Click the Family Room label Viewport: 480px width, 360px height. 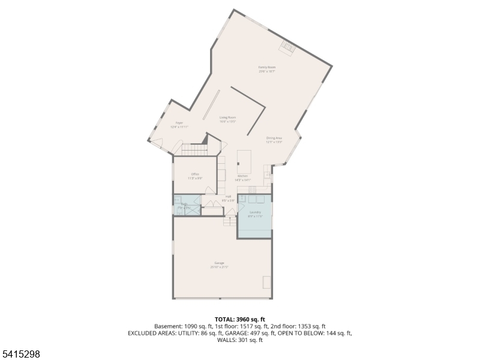click(x=266, y=67)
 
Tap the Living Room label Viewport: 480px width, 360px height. click(x=227, y=117)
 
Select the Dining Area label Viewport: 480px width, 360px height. click(x=274, y=138)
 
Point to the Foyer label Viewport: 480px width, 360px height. click(x=179, y=122)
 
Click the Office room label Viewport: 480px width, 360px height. click(x=195, y=174)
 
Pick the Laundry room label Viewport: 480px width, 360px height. click(x=256, y=212)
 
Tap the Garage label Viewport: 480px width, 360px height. click(x=220, y=263)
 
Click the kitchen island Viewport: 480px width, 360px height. click(x=244, y=160)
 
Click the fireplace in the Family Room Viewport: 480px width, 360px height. click(x=289, y=47)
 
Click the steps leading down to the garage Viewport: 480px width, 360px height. click(x=230, y=221)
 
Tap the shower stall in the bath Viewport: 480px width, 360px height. click(x=193, y=209)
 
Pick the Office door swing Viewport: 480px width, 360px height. click(x=211, y=190)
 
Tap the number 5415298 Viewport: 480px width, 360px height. click(x=20, y=355)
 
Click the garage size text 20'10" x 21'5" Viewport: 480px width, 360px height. click(x=220, y=267)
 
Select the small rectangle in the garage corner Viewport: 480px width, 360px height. click(x=266, y=282)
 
